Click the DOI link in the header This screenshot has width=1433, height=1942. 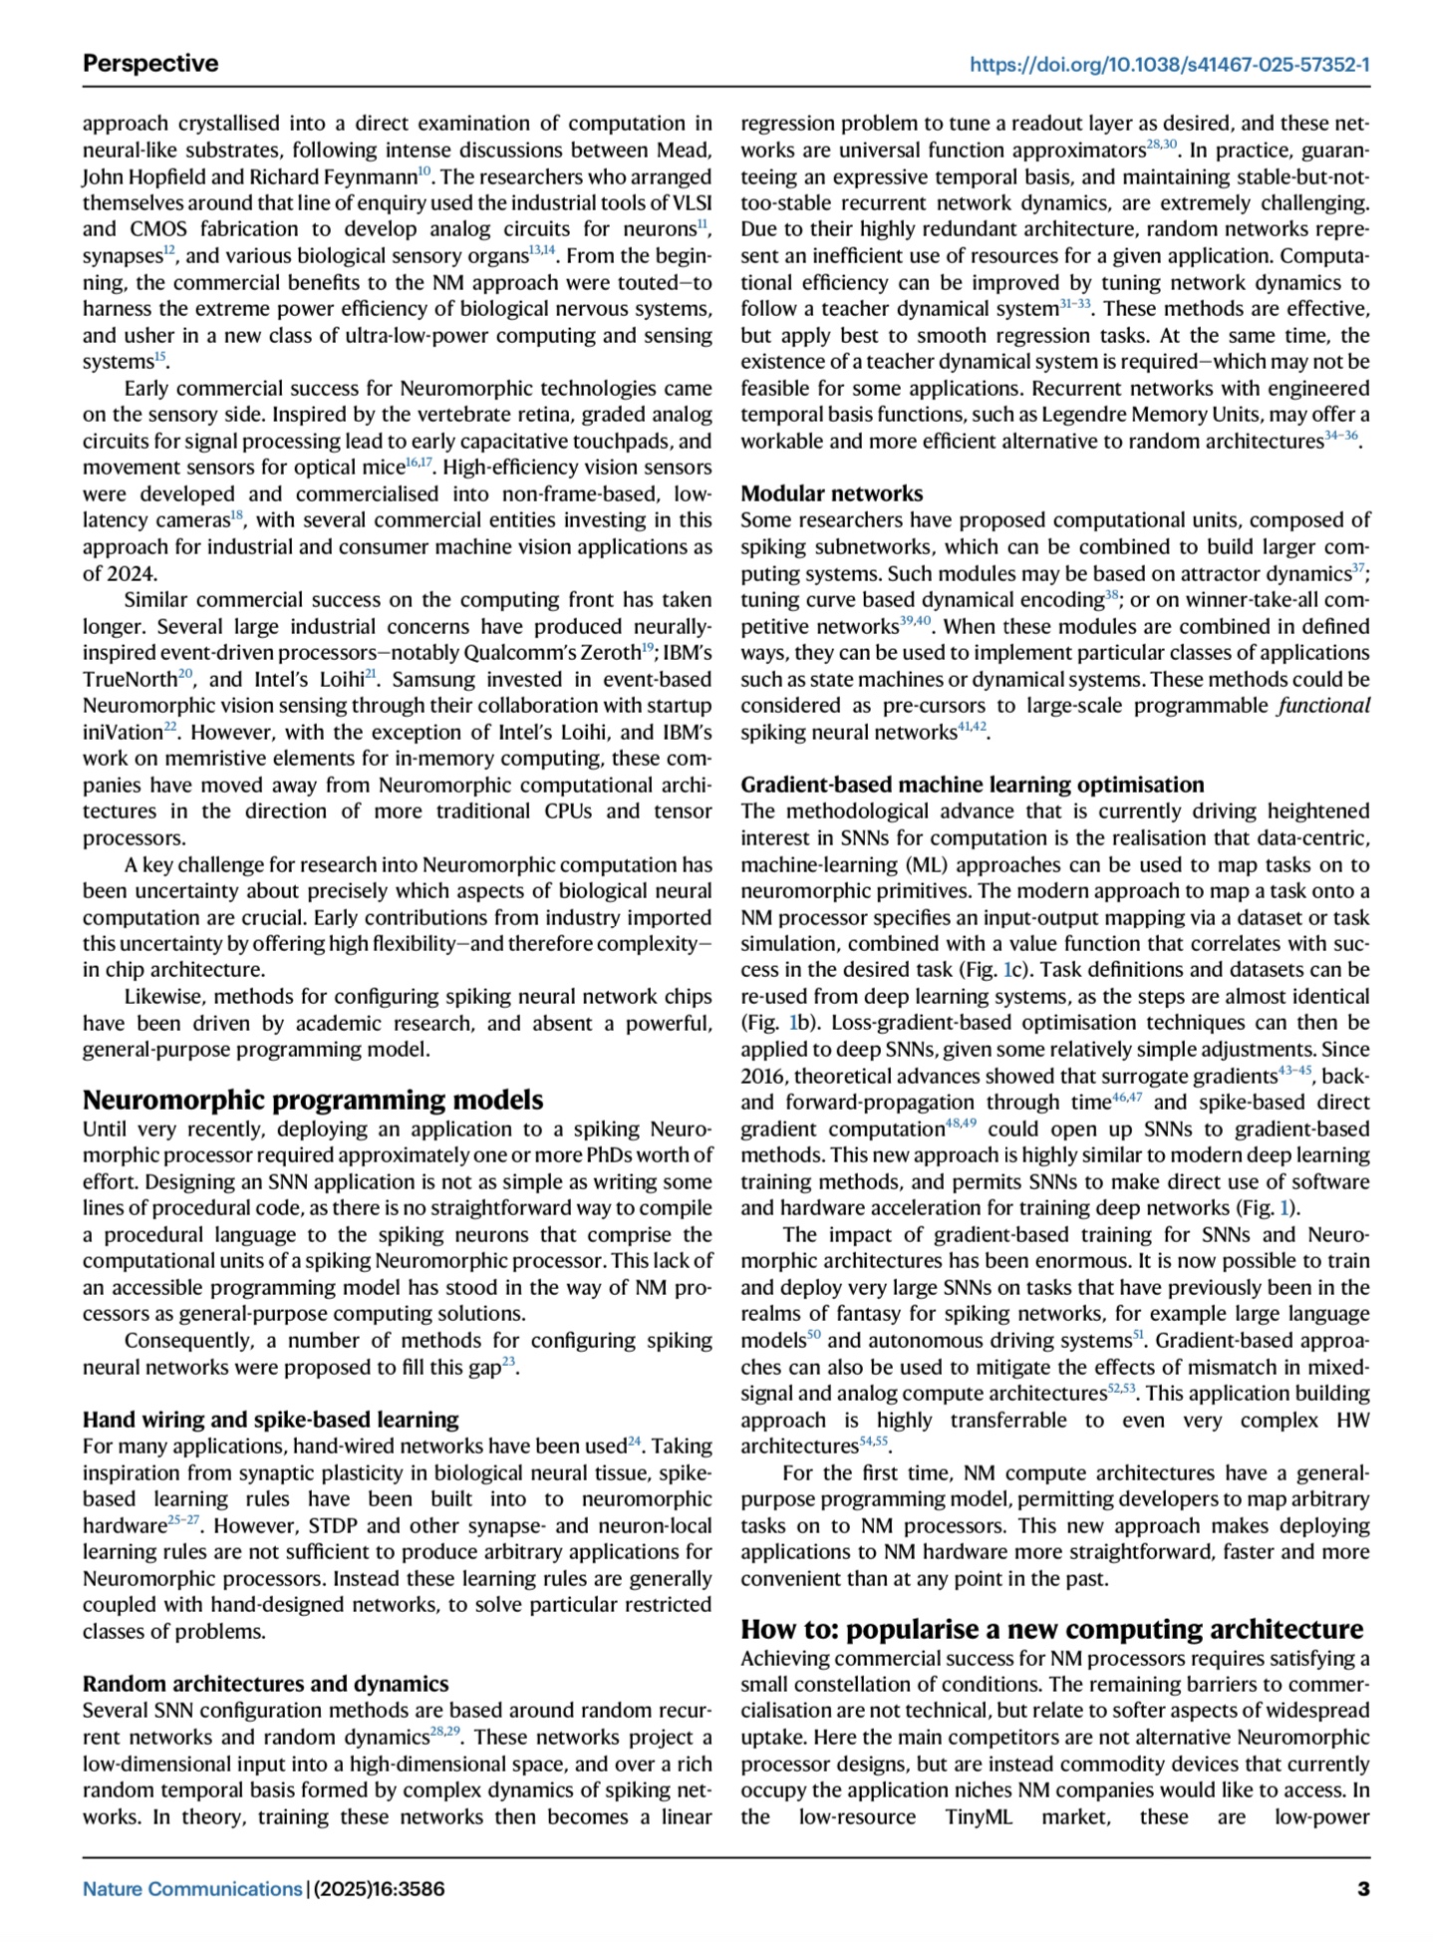1169,65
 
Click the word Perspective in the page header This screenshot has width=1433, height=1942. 150,64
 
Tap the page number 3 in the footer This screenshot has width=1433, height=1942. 1363,1888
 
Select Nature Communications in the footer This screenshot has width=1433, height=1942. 191,1888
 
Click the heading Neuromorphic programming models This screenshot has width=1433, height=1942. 313,1100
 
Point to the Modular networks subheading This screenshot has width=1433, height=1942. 831,493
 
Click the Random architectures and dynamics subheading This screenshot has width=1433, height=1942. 265,1684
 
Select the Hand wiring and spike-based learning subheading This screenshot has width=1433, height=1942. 271,1420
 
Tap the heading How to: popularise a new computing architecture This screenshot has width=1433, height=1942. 1051,1629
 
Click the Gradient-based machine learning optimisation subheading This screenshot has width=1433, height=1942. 972,785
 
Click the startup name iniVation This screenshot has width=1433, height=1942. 122,733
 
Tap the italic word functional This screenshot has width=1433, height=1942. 1323,706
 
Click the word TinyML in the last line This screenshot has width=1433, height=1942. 979,1816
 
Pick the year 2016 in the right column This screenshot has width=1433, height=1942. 763,1077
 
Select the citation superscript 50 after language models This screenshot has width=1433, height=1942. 813,1337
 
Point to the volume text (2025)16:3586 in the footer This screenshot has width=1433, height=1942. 380,1888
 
